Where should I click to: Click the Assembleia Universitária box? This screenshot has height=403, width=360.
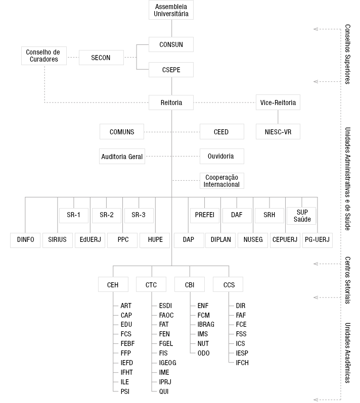(171, 11)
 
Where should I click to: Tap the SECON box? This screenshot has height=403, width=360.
(100, 58)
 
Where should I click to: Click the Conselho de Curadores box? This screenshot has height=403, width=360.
(43, 56)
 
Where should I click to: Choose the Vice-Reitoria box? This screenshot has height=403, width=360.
(278, 103)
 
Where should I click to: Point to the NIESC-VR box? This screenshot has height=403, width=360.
(278, 132)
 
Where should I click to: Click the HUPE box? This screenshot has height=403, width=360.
(155, 240)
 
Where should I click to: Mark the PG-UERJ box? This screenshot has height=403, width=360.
(318, 240)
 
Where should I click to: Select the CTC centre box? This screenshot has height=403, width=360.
(151, 285)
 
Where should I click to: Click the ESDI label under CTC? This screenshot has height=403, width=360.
(165, 306)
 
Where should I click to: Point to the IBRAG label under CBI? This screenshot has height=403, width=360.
(206, 325)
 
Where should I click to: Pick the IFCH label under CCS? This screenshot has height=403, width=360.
(243, 363)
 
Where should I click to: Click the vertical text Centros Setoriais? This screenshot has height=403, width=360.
(347, 279)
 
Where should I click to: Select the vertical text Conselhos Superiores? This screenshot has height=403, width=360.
(347, 55)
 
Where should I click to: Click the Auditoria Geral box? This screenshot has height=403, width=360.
(122, 157)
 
